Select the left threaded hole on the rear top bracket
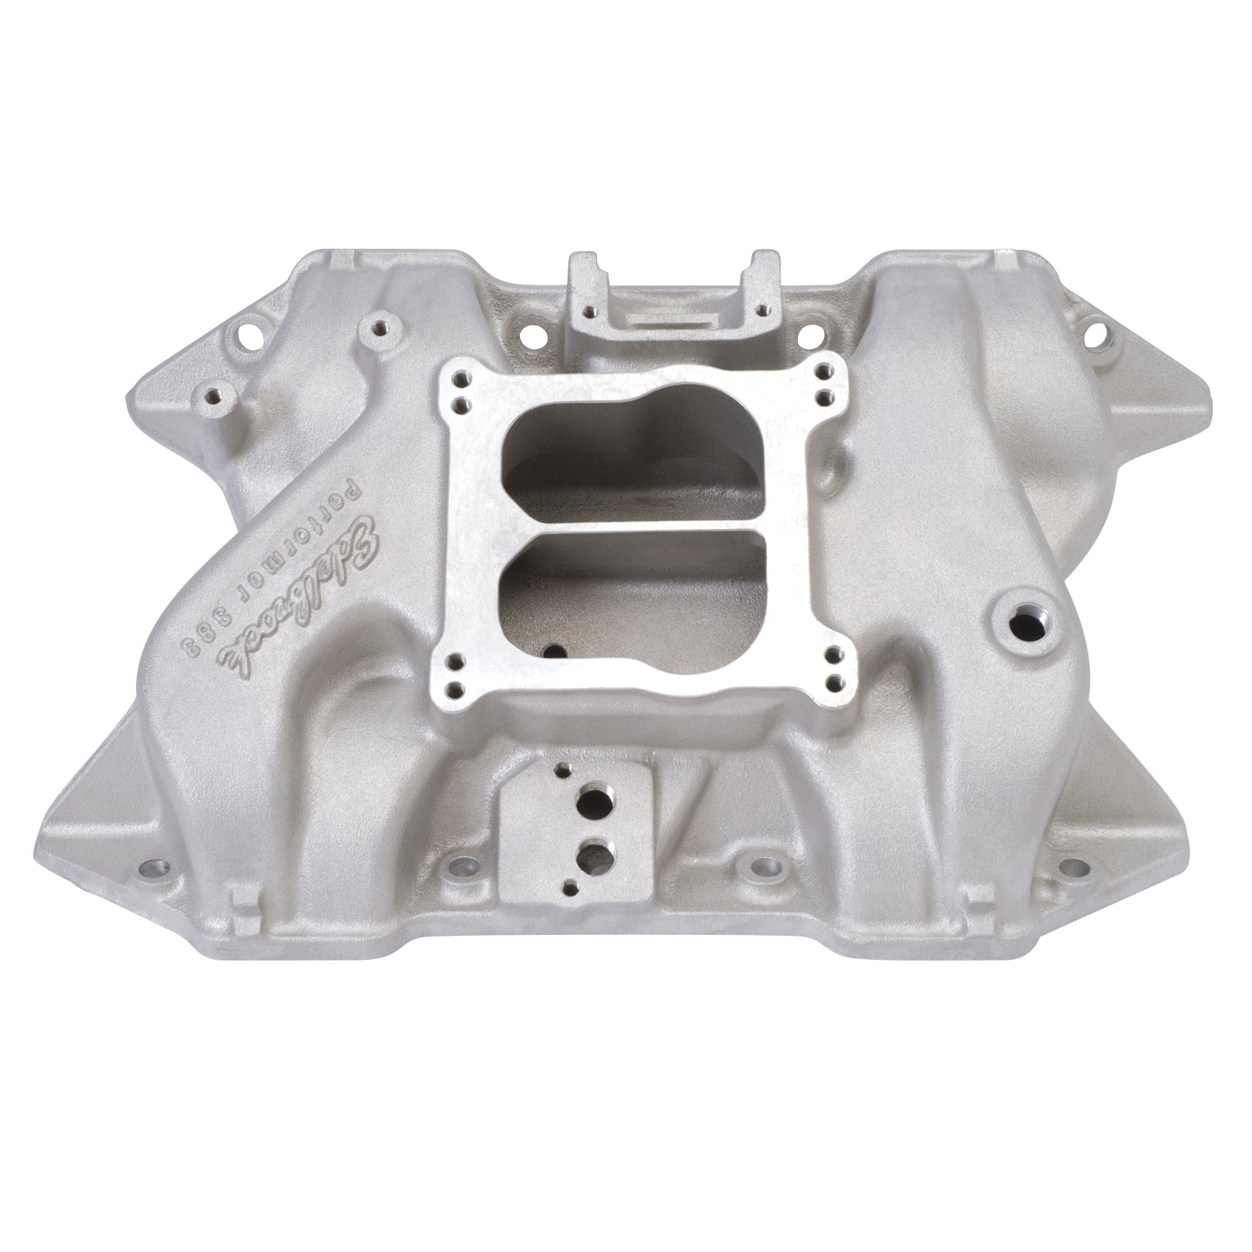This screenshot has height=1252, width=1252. pos(589,311)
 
